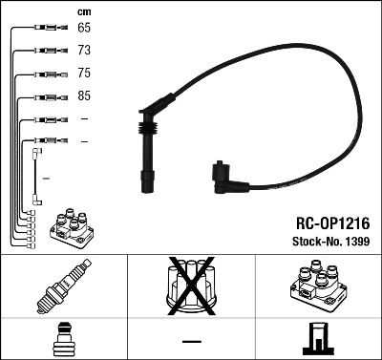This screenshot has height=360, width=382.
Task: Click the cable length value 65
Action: tap(84, 28)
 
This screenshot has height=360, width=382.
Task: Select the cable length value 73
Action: tap(84, 50)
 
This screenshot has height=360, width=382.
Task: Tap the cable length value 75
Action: tap(84, 74)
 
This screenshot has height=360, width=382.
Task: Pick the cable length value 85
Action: tap(84, 96)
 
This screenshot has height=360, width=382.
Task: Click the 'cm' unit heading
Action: tap(83, 11)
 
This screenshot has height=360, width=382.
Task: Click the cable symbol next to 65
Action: tap(45, 28)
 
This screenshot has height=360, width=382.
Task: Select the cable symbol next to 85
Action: tap(45, 96)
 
